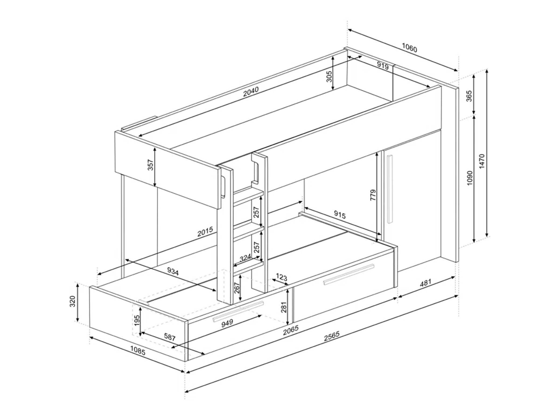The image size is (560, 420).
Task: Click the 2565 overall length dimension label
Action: pos(332,337)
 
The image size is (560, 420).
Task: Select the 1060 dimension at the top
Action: pos(409,48)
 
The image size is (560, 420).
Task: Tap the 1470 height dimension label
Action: pos(482,161)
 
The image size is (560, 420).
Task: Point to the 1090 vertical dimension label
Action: pos(470,178)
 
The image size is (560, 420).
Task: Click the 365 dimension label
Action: pos(469,96)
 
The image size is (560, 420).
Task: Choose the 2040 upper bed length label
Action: pos(251,92)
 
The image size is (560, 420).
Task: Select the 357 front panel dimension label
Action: pos(150,165)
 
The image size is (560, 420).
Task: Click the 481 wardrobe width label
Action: pos(425,283)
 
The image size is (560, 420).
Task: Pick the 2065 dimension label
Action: pos(291,330)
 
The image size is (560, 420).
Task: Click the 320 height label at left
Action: pos(72,301)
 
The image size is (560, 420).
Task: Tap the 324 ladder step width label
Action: pos(245,258)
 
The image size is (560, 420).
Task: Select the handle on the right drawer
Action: pos(348,275)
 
